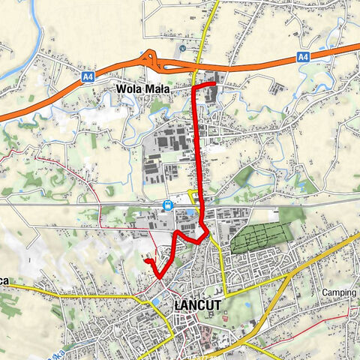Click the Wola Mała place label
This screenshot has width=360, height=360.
(142, 88)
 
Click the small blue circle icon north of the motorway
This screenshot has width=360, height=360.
(182, 48)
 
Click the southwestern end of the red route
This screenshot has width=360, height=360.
(146, 260)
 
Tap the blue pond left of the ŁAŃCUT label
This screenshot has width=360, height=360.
(156, 301)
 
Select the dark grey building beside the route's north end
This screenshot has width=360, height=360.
(209, 94)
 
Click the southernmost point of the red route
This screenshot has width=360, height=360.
(161, 277)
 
